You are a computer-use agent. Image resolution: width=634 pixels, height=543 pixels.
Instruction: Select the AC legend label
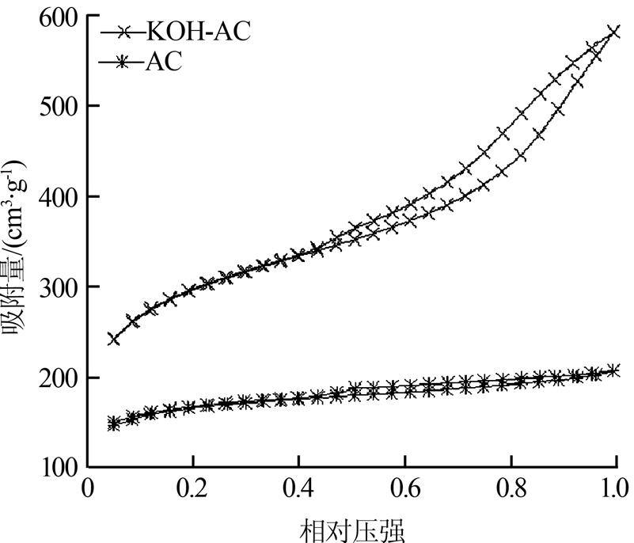163,62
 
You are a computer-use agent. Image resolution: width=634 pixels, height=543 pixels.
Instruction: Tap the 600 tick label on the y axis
59,16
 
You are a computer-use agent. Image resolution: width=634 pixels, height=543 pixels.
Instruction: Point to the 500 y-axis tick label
59,106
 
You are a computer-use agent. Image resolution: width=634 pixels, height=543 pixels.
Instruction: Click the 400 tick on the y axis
59,197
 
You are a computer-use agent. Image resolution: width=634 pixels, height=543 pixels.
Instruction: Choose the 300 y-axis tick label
59,287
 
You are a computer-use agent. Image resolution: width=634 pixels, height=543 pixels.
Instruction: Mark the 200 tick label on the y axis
59,378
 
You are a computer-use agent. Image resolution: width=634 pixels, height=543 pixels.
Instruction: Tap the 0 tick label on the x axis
88,485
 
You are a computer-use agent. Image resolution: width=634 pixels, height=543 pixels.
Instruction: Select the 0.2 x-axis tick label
192,485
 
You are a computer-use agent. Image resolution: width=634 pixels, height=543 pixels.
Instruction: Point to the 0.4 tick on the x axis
298,485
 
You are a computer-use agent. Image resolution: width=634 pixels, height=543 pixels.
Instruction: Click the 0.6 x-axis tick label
404,485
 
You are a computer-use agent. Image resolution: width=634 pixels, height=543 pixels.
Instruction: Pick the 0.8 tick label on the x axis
511,485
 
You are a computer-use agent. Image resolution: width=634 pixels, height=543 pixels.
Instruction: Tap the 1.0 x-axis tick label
615,485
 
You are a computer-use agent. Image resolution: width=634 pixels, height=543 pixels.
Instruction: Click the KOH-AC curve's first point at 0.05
114,339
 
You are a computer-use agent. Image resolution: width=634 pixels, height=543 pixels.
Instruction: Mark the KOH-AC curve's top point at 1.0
615,32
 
